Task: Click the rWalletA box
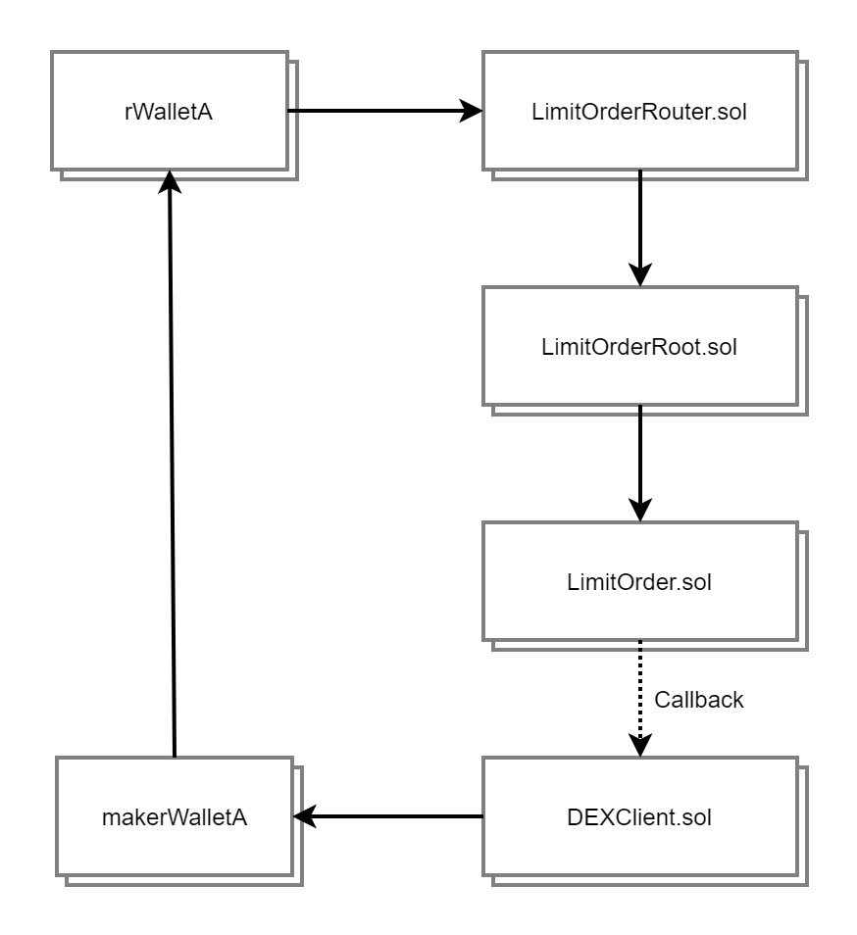pyautogui.click(x=169, y=112)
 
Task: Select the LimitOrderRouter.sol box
pyautogui.click(x=639, y=112)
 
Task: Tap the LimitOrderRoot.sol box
pyautogui.click(x=639, y=346)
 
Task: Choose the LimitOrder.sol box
pyautogui.click(x=639, y=581)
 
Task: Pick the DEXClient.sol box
pyautogui.click(x=639, y=815)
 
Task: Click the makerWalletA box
pyautogui.click(x=174, y=815)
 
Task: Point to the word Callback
pyautogui.click(x=699, y=700)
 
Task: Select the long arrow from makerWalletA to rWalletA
pyautogui.click(x=172, y=470)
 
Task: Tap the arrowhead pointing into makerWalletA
pyautogui.click(x=305, y=815)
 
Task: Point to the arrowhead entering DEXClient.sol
pyautogui.click(x=639, y=746)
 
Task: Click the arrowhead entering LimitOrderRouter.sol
pyautogui.click(x=472, y=112)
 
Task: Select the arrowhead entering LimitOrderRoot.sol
pyautogui.click(x=639, y=275)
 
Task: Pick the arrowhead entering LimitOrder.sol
pyautogui.click(x=639, y=510)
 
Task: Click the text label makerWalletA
pyautogui.click(x=174, y=815)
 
